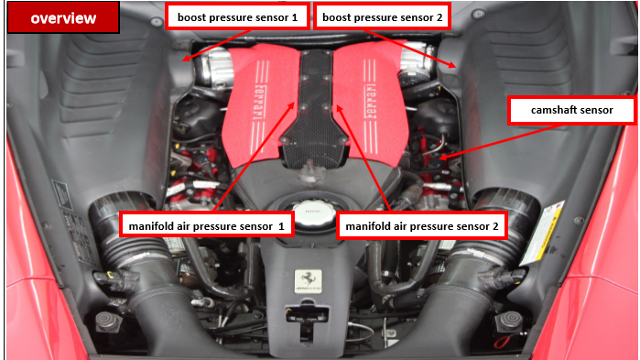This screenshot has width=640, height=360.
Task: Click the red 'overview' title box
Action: tap(63, 17)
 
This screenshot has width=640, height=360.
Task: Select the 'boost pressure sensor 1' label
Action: tap(237, 16)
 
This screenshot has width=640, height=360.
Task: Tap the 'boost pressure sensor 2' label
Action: tap(382, 16)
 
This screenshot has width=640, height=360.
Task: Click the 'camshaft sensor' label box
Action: tap(572, 110)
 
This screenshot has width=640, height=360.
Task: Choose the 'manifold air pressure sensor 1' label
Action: tap(207, 225)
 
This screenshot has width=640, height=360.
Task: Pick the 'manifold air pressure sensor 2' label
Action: tap(422, 225)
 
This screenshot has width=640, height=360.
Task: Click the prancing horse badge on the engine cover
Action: tap(309, 281)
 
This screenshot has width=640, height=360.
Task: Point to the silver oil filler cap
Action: tap(313, 213)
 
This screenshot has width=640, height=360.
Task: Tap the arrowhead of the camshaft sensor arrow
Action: tap(442, 158)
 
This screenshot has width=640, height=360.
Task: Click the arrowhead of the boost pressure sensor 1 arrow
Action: tap(185, 59)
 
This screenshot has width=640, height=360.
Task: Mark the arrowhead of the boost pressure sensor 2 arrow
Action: tap(452, 65)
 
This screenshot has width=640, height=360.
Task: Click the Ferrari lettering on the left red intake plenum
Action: tap(259, 103)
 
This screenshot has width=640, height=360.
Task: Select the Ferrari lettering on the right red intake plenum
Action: tap(370, 102)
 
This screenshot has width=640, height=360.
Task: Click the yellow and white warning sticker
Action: tap(543, 233)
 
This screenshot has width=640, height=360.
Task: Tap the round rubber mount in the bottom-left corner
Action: tap(106, 321)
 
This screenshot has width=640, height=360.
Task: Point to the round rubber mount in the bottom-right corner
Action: tap(508, 320)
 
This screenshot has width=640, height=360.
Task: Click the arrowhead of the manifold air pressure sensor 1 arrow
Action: tap(291, 105)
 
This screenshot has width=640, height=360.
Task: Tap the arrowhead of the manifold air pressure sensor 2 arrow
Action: tap(339, 108)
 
